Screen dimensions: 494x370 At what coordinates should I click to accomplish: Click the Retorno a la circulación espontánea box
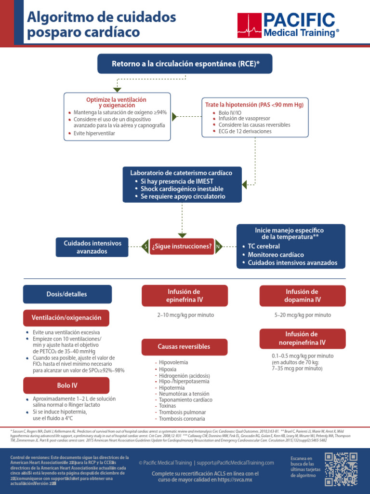pos(185,64)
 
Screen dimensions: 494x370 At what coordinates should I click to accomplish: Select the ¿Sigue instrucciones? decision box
pos(182,247)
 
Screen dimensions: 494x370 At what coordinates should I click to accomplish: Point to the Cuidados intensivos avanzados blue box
pos(93,247)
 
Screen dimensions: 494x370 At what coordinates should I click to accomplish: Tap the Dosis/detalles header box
pos(67,294)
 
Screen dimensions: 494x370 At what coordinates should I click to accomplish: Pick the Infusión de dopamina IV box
pos(302,296)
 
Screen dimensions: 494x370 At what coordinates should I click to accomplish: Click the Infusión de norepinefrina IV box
pos(302,338)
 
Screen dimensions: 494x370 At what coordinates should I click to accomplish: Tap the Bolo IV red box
pos(66,385)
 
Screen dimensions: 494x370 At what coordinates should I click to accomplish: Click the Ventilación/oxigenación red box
pos(66,318)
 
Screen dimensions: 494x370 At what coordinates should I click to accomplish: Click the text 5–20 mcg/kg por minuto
pos(303,315)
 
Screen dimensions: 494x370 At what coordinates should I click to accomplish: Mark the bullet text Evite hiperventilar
pos(94,133)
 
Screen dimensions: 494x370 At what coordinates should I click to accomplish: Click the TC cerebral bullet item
pos(264,247)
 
